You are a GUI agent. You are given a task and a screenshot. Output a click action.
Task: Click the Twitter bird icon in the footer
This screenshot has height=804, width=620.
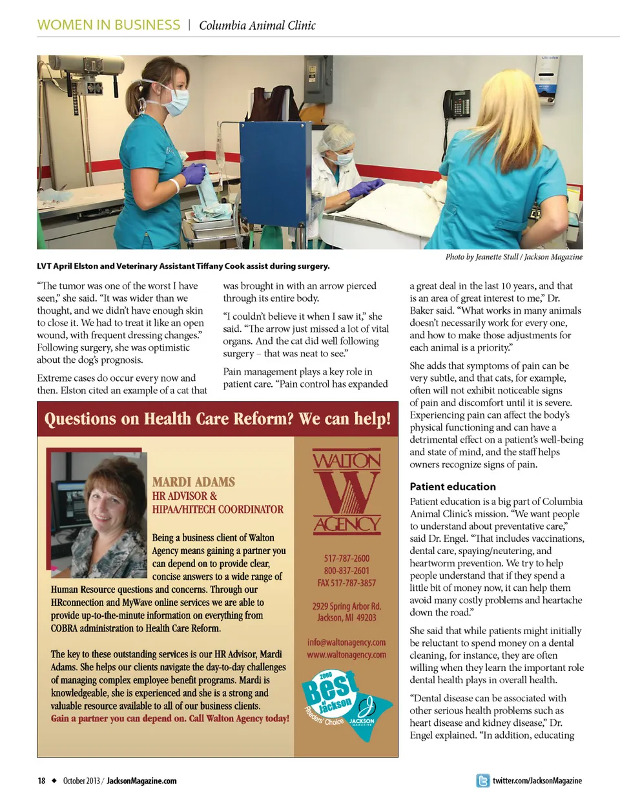(x=482, y=781)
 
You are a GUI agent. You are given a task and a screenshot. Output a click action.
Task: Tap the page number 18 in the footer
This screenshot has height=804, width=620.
(x=41, y=781)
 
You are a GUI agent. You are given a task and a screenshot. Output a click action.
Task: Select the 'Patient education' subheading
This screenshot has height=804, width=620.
(x=453, y=486)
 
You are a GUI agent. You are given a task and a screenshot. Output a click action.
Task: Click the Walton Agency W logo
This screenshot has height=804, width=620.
(x=347, y=492)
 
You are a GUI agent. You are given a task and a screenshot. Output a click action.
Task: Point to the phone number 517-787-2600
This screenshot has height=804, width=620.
(x=347, y=559)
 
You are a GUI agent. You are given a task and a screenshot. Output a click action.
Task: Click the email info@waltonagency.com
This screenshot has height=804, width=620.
(x=347, y=643)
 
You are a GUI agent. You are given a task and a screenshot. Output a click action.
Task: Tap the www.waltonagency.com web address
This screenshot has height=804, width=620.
(x=347, y=655)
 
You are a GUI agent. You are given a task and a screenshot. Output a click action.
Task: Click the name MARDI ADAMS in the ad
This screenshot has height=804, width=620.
(x=193, y=482)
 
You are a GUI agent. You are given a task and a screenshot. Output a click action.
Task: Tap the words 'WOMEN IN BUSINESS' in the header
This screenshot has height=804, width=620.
(x=108, y=25)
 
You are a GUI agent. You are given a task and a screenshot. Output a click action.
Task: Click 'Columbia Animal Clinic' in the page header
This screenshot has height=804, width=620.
(x=257, y=26)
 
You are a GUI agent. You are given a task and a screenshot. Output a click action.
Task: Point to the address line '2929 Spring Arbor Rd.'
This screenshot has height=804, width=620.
(x=347, y=606)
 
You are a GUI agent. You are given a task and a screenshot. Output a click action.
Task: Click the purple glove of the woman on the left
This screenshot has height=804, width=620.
(x=193, y=175)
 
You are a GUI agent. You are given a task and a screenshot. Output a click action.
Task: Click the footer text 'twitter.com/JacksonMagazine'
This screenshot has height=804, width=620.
(x=537, y=781)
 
